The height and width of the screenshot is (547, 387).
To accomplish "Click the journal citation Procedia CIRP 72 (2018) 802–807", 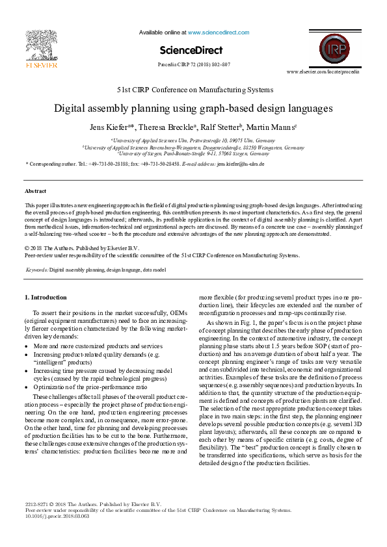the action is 194,65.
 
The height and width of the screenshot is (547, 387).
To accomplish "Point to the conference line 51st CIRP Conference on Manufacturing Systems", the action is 194,90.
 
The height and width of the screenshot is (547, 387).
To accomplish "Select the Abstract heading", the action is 35,191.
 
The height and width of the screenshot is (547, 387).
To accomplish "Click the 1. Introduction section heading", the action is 45,298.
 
